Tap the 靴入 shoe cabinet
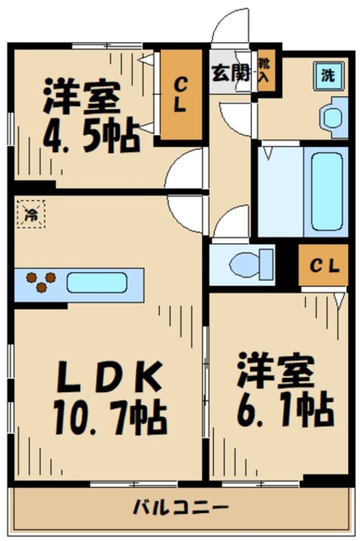click(264, 70)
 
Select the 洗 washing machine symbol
click(328, 76)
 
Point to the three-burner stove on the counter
click(41, 282)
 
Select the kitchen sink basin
click(97, 282)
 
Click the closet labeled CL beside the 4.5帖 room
click(179, 96)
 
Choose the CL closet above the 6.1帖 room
click(324, 266)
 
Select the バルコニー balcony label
click(181, 508)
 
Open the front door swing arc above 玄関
click(231, 27)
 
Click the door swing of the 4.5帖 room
click(185, 169)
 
